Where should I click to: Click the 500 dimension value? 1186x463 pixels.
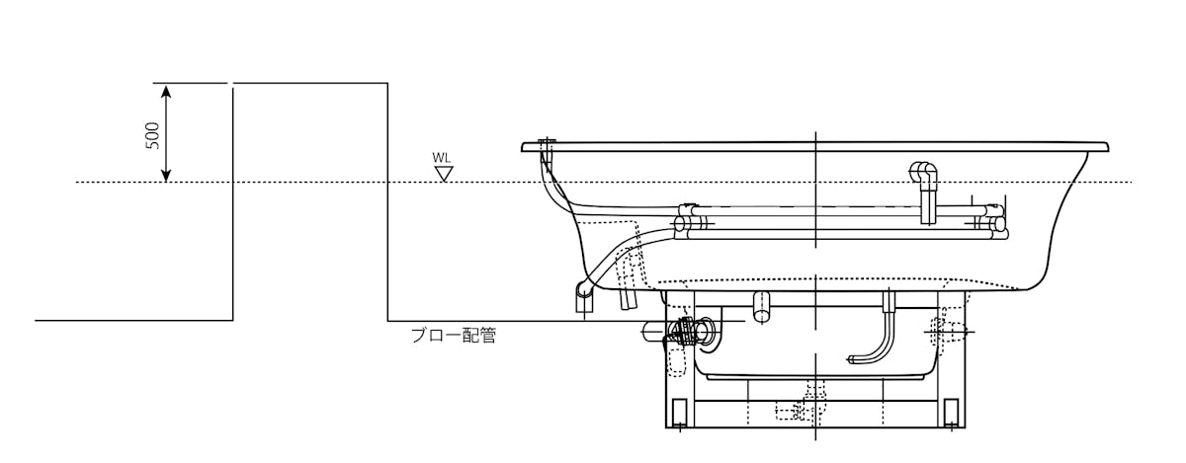(152, 135)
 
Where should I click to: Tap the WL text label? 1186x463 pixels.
(442, 157)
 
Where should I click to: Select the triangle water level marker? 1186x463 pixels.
(445, 174)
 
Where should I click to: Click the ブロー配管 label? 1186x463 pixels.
(453, 336)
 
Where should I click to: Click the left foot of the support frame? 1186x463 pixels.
(679, 412)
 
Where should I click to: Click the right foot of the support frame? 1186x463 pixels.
(951, 412)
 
